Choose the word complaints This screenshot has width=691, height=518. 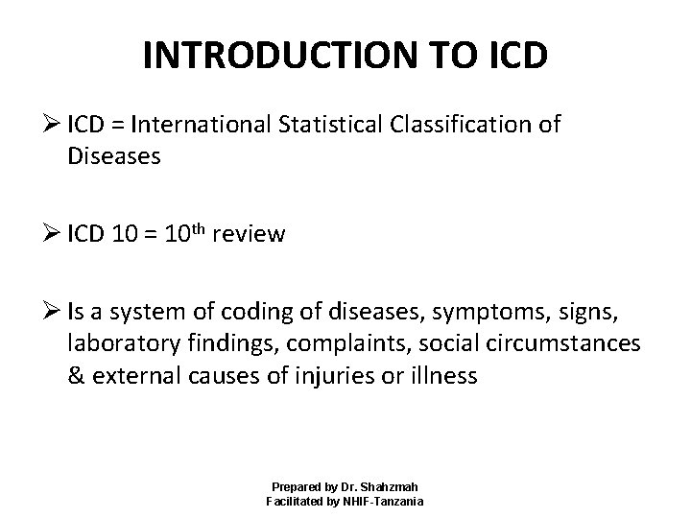(347, 342)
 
